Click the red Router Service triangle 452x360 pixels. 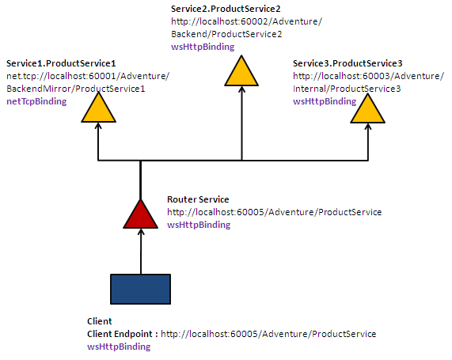tap(141, 216)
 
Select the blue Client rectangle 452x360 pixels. tap(141, 289)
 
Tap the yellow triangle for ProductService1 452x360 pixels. tap(99, 109)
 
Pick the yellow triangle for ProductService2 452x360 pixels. tap(241, 74)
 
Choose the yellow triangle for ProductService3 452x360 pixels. tap(368, 111)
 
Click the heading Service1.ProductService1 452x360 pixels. tap(61, 63)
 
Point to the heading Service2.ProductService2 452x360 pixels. tap(226, 9)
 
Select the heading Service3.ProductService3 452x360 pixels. tap(348, 63)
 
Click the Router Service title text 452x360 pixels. tap(198, 199)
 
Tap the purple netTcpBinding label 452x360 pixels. tap(36, 101)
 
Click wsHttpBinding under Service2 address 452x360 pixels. tap(203, 47)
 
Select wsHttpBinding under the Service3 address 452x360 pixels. tap(325, 101)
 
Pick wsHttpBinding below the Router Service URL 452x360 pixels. tap(199, 225)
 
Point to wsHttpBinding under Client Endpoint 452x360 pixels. tap(119, 347)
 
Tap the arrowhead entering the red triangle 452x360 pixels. tap(141, 232)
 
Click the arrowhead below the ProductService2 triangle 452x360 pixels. tap(242, 89)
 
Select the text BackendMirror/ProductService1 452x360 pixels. tap(75, 89)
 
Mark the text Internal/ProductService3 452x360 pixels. tap(347, 89)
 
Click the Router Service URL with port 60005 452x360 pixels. tap(275, 212)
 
